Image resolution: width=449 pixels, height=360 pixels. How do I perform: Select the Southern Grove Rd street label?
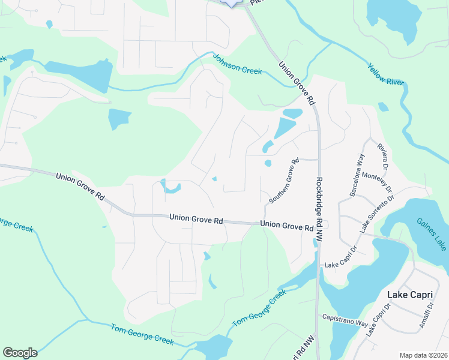(x=284, y=180)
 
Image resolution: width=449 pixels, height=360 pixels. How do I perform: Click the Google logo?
(x=20, y=353)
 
